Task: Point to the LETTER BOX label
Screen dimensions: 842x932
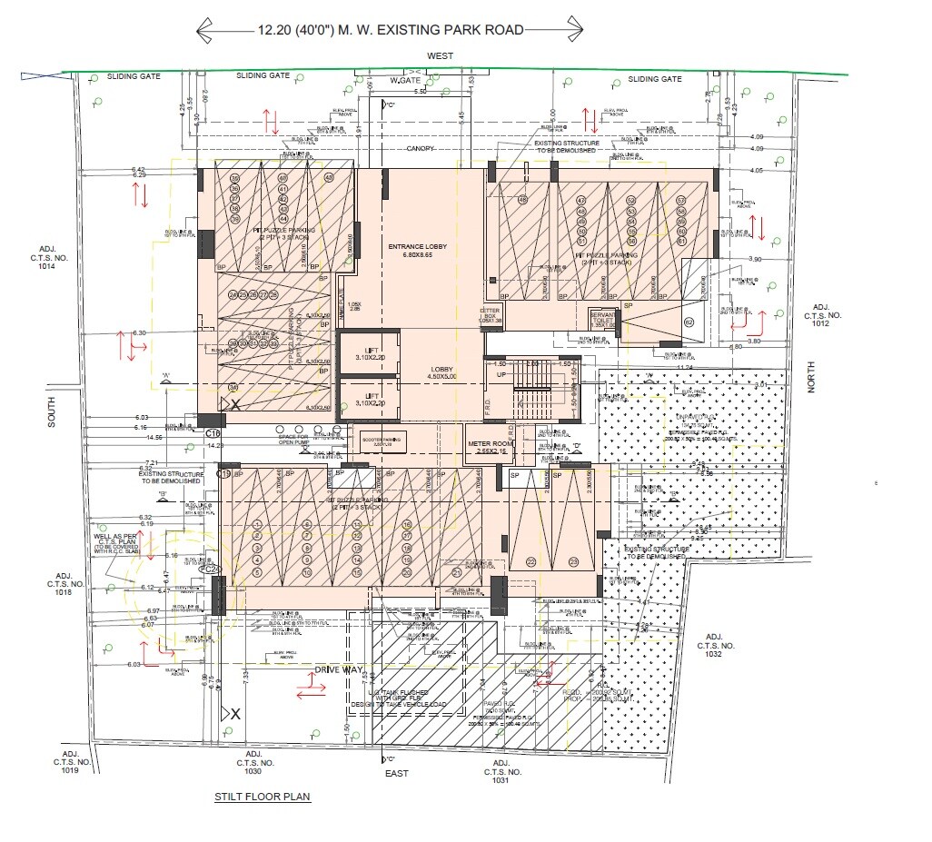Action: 491,315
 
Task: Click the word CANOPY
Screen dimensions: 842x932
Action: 420,148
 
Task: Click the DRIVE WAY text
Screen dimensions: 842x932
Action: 339,669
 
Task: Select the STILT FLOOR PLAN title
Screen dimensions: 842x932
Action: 263,797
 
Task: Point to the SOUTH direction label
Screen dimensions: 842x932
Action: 52,411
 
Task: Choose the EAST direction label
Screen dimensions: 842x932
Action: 396,773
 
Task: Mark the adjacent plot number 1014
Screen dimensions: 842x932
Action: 47,257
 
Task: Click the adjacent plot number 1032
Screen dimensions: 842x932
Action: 710,647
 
